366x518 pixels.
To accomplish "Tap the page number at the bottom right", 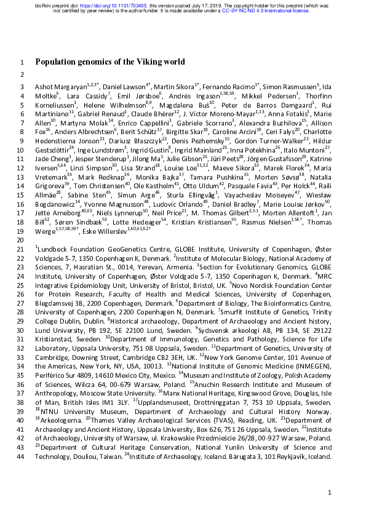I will tap(330, 493).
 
